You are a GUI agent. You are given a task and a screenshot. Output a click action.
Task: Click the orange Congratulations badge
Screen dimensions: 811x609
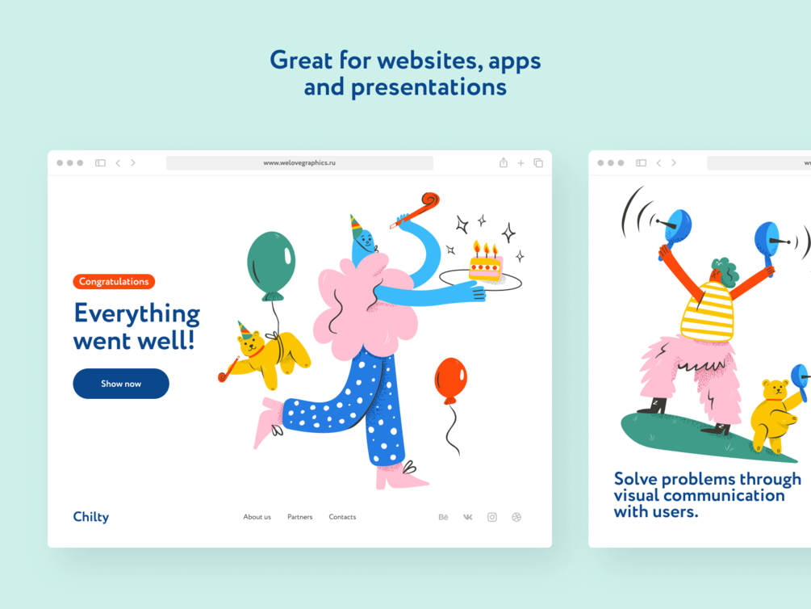114,281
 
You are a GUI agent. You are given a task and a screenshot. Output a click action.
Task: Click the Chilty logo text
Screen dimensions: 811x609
91,517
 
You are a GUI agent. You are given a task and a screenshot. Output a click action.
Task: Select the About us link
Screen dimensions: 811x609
257,517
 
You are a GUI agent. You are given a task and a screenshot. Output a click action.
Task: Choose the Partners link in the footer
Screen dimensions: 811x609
300,517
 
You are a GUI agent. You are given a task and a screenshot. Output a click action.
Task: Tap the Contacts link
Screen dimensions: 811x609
342,517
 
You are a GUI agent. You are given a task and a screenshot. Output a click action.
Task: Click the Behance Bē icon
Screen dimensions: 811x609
443,517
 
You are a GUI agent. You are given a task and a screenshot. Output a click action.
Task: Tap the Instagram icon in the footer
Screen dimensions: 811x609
492,517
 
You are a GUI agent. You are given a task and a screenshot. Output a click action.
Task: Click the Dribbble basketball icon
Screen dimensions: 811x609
516,517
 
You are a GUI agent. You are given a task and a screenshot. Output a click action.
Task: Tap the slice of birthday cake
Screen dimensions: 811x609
485,263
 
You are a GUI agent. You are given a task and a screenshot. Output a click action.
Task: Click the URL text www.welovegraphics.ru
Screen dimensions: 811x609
299,162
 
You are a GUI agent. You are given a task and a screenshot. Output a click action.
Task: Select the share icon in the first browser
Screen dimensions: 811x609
504,162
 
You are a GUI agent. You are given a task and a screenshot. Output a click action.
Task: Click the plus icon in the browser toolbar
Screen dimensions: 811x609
520,163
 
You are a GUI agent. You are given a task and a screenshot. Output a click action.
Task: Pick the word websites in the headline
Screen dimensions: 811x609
427,60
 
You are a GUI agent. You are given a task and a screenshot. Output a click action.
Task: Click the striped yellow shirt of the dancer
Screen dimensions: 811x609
707,311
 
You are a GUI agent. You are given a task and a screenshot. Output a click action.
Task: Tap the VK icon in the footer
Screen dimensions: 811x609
467,517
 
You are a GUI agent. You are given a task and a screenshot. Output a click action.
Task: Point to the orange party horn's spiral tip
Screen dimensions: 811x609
431,199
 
